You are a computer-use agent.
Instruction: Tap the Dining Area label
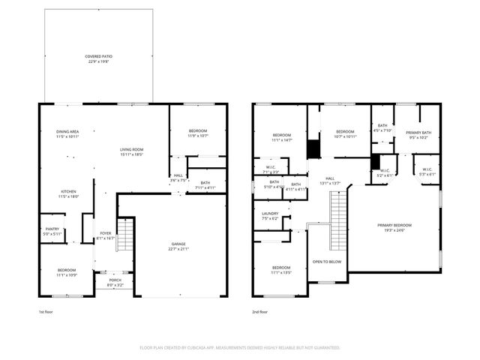pos(67,133)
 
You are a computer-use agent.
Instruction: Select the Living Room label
pos(132,150)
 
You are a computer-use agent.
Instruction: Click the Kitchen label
pos(68,192)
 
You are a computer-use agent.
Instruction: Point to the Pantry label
pos(52,231)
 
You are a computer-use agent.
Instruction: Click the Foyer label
pos(106,233)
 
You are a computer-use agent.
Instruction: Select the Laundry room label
pos(270,214)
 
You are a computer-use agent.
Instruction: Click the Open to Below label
pos(327,262)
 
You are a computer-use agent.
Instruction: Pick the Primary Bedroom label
pos(394,226)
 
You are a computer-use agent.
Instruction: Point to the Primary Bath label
pos(418,133)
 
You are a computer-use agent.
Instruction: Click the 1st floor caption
pos(46,310)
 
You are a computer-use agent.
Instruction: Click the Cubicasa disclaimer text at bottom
pos(240,348)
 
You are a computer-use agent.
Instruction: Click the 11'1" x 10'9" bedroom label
pos(67,274)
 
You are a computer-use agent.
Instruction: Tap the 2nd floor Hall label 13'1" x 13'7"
pos(331,181)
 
